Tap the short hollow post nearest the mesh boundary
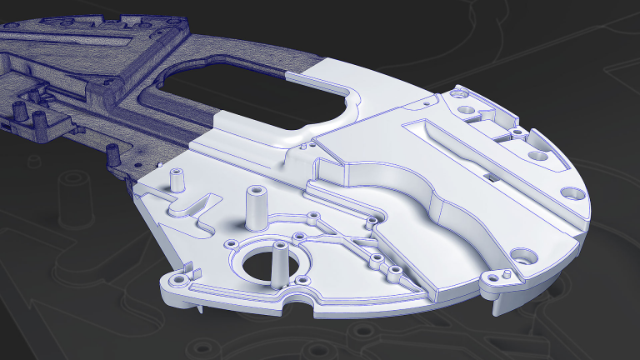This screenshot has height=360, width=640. click(177, 179)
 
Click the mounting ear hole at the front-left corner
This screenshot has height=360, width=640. click(176, 279)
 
